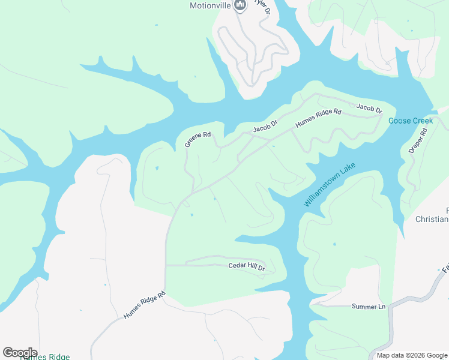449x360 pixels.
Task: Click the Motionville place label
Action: [210, 5]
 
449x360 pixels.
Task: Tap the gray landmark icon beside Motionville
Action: [240, 5]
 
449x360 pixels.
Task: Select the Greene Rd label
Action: [197, 139]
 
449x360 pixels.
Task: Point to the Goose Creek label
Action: [411, 121]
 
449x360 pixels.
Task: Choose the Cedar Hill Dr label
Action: [246, 266]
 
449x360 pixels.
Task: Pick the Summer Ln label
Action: [368, 307]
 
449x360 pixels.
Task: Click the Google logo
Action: [20, 353]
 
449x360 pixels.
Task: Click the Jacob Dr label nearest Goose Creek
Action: [369, 108]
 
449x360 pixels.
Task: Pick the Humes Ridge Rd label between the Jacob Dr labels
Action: [318, 119]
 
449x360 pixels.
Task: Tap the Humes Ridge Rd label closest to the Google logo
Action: [144, 306]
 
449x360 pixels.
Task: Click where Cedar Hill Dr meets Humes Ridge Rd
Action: [166, 265]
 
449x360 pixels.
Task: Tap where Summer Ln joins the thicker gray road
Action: [391, 307]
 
